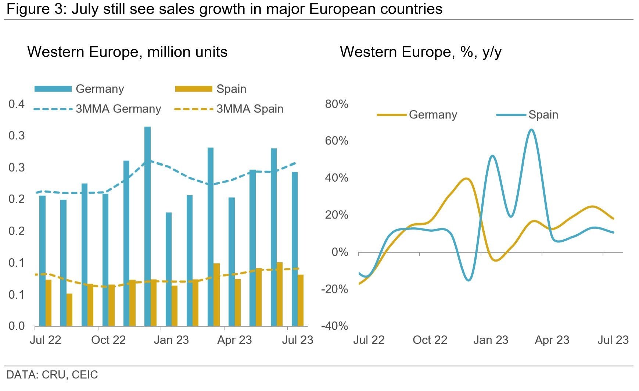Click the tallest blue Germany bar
pos(147,226)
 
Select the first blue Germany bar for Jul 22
pos(42,261)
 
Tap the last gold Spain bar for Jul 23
pos(301,300)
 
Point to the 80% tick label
pos(336,104)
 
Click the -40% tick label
pos(334,326)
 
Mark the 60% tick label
pos(336,141)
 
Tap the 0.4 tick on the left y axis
pos(17,104)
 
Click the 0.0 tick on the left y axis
pos(17,326)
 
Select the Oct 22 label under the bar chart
pos(108,340)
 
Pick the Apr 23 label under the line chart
pos(552,340)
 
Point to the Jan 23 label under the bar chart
pos(171,340)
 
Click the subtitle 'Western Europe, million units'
pos(127,52)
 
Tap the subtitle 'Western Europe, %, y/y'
pos(420,52)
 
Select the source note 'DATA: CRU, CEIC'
pos(52,375)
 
